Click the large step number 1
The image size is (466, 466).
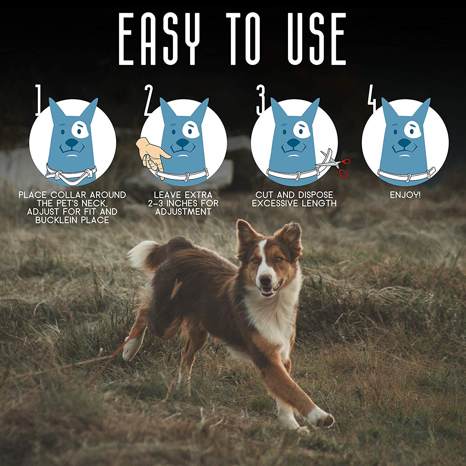pos(39,100)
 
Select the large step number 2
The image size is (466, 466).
pos(149,100)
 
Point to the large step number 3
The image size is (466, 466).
pos(260,100)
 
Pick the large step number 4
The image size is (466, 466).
pos(372,100)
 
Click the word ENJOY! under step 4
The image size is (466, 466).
pos(405,195)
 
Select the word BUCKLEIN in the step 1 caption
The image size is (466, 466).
pos(61,220)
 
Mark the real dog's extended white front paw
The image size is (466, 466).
pos(323,419)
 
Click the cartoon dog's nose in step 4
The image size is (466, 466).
pos(404,143)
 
